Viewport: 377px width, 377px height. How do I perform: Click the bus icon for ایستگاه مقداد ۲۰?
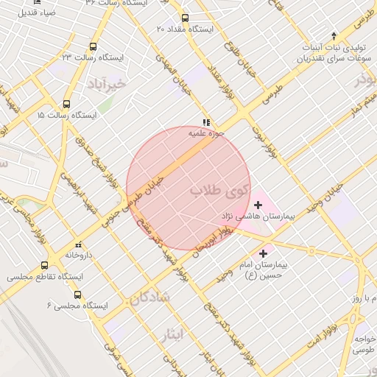pos(184,18)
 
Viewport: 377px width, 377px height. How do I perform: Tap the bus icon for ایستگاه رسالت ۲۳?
pos(91,46)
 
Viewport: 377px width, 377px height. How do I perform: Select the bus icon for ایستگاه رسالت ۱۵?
pos(67,105)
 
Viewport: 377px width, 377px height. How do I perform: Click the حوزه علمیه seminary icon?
pos(206,123)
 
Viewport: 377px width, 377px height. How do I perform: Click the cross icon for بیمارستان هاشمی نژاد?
pos(258,204)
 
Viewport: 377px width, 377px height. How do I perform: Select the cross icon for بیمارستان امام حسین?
pos(264,253)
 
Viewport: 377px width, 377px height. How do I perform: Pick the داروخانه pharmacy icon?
pos(77,244)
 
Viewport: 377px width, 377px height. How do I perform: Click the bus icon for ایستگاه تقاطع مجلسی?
pos(45,266)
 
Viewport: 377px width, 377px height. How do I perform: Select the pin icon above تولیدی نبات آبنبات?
pos(334,36)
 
